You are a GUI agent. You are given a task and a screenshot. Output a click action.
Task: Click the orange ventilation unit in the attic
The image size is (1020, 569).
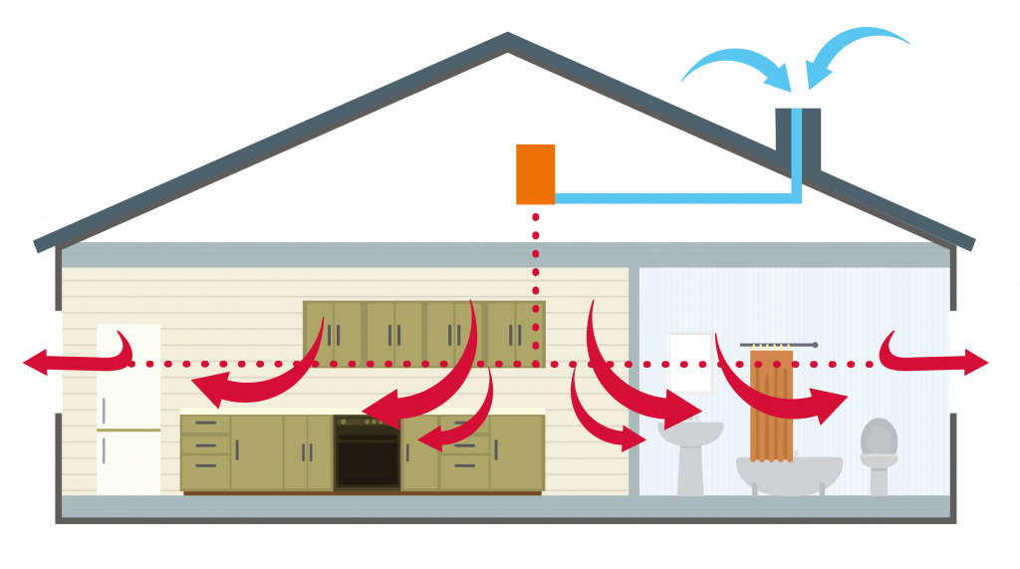[535, 174]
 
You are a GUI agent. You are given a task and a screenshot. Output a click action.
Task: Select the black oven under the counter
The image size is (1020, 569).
[367, 453]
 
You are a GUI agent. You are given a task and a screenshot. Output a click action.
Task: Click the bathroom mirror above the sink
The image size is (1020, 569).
[690, 362]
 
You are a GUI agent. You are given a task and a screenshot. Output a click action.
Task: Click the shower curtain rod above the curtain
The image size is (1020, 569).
[778, 345]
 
